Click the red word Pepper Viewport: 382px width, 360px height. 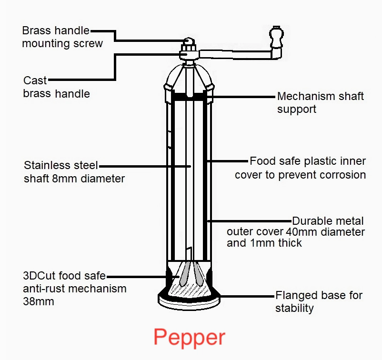[x=189, y=337]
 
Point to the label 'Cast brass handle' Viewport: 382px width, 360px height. [x=56, y=87]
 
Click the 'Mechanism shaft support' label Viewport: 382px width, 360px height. [x=320, y=102]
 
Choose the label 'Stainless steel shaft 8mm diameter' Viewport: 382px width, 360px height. [x=74, y=172]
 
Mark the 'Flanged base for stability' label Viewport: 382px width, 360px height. [x=319, y=301]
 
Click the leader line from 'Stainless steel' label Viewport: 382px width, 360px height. [x=143, y=166]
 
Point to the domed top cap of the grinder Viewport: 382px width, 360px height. [x=190, y=76]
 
